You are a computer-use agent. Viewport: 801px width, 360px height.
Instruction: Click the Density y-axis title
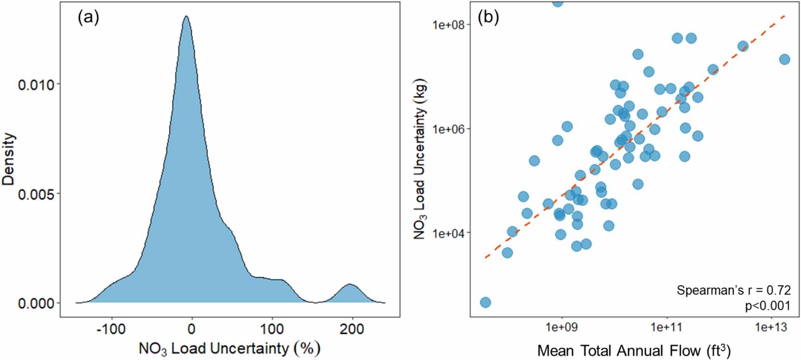pyautogui.click(x=9, y=159)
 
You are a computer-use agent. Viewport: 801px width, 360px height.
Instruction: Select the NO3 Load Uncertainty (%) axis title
pyautogui.click(x=229, y=348)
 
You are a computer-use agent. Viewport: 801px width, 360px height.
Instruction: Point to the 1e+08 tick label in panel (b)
pyautogui.click(x=449, y=24)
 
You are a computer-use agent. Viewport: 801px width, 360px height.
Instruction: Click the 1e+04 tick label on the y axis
pyautogui.click(x=449, y=233)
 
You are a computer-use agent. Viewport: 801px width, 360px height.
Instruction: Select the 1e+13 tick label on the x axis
pyautogui.click(x=771, y=328)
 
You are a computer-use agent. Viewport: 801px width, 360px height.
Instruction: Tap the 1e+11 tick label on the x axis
pyautogui.click(x=666, y=328)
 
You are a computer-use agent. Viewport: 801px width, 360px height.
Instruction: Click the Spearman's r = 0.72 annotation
pyautogui.click(x=733, y=290)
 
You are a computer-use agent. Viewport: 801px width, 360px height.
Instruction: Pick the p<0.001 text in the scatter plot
pyautogui.click(x=766, y=305)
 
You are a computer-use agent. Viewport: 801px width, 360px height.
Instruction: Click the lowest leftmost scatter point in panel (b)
pyautogui.click(x=485, y=302)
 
